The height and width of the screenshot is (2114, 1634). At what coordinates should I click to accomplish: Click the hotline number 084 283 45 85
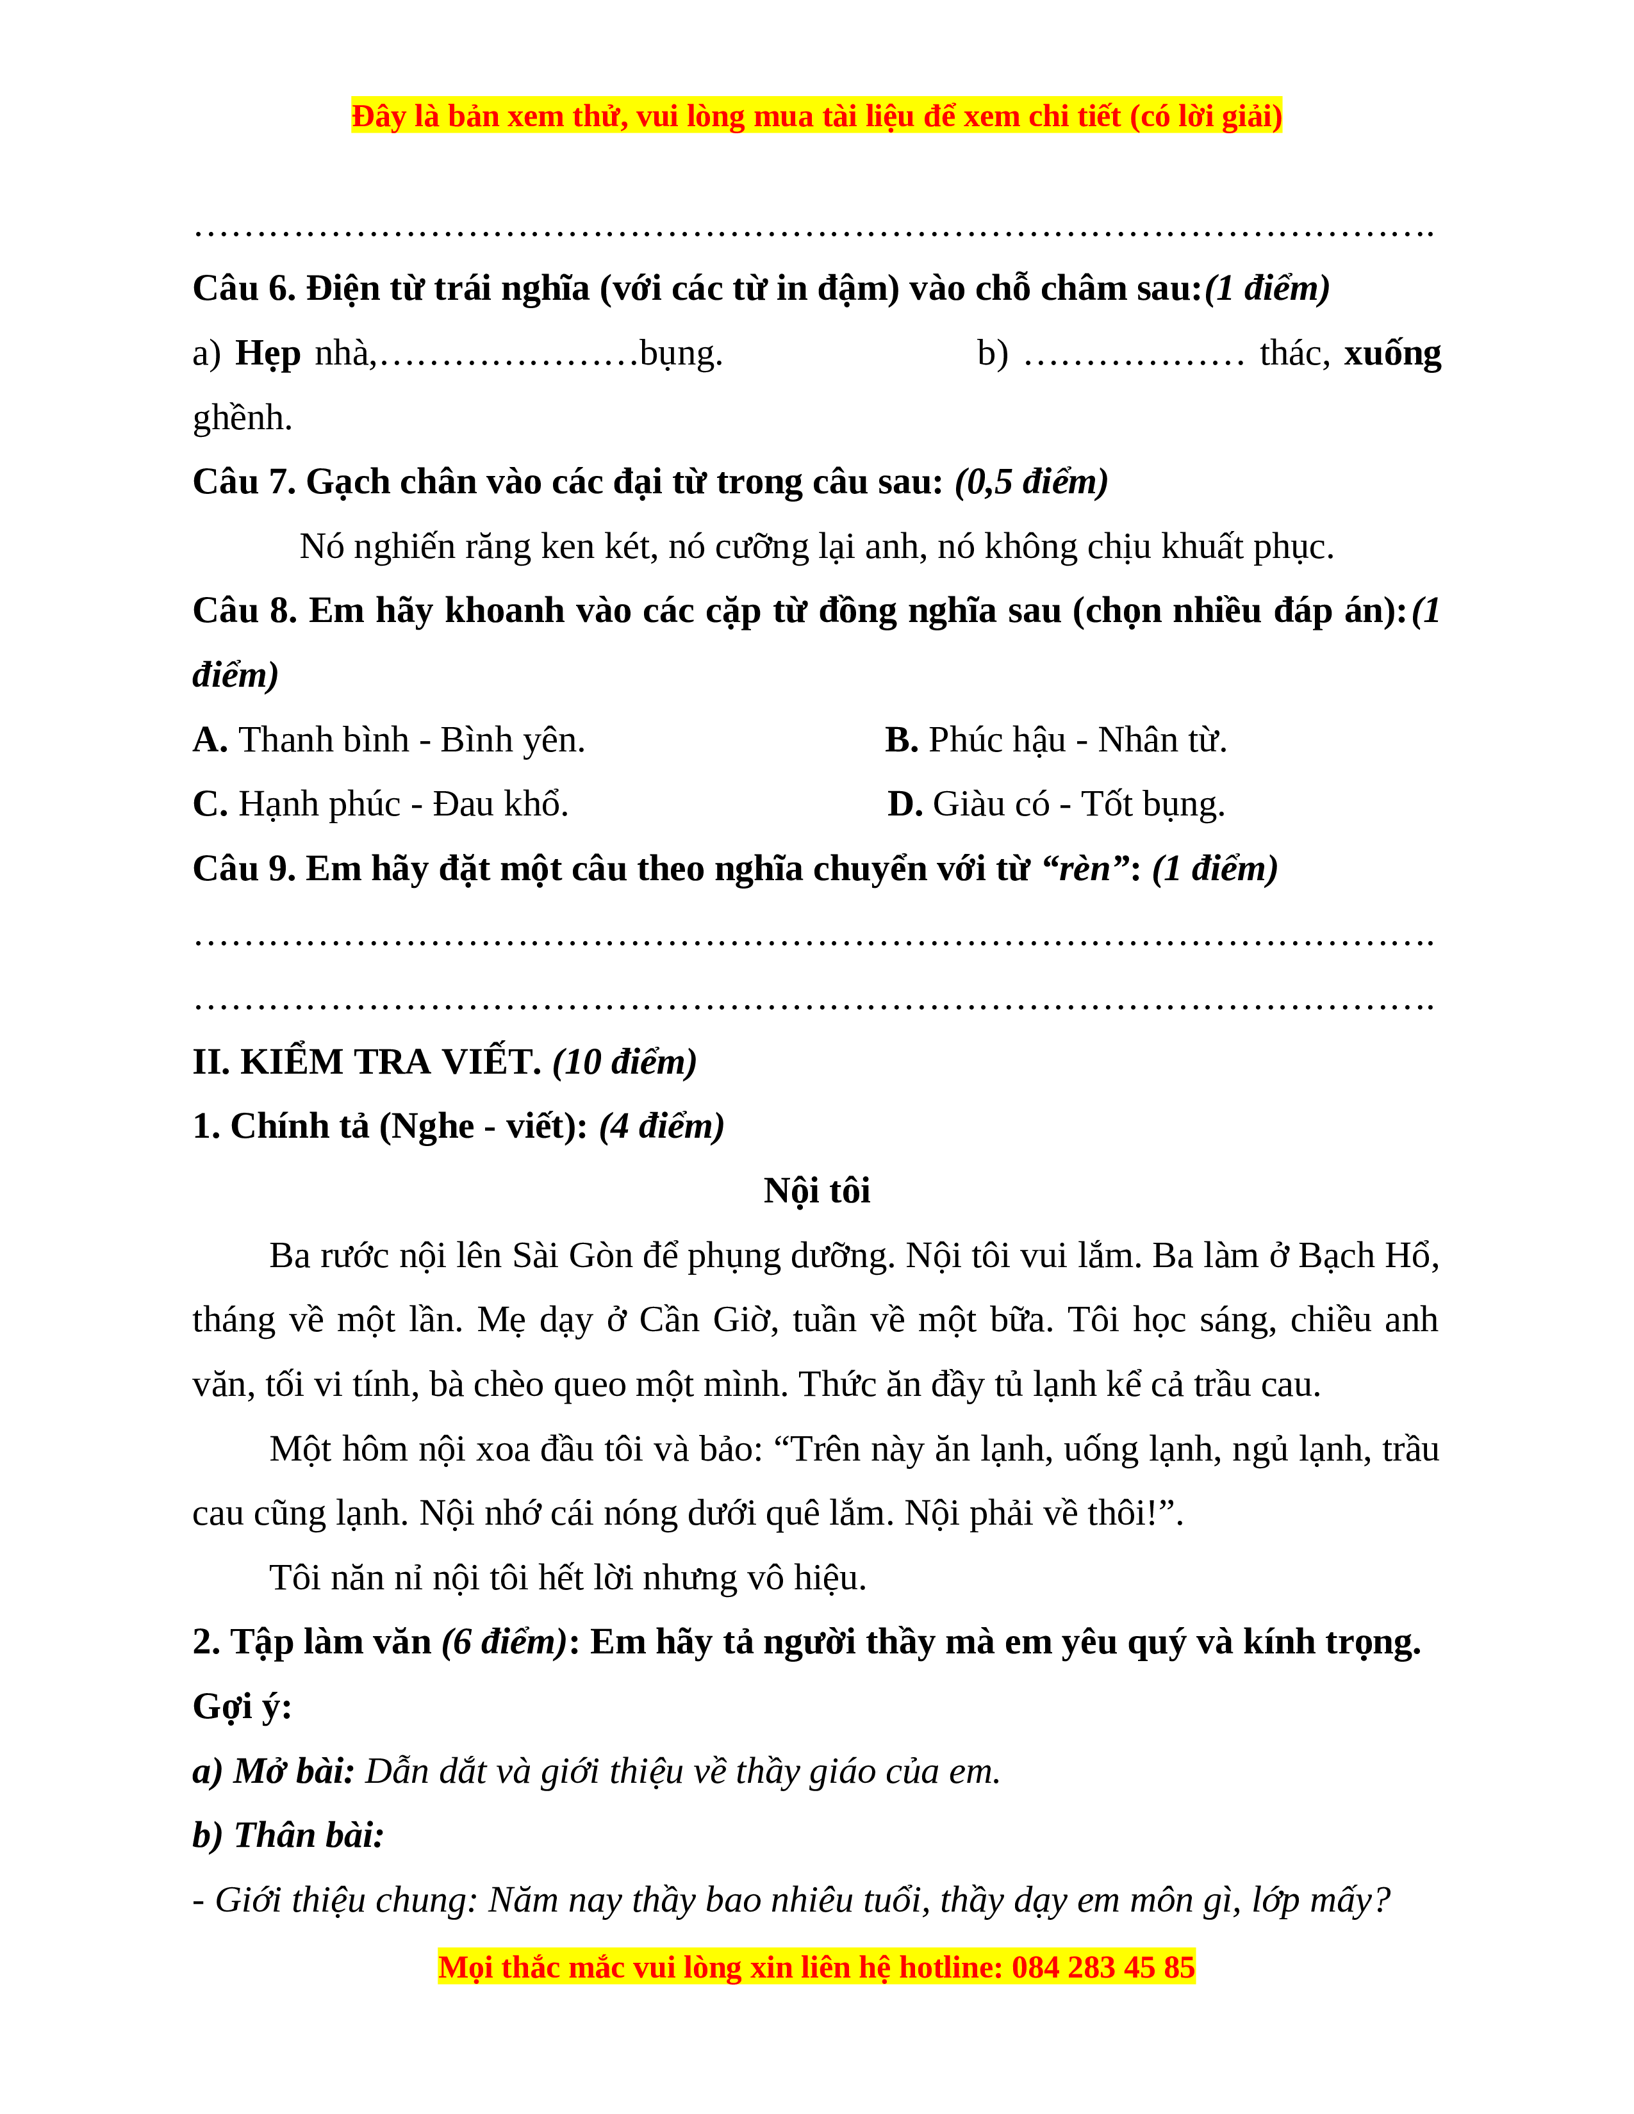click(1103, 1968)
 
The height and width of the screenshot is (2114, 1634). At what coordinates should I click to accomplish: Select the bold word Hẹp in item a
click(267, 354)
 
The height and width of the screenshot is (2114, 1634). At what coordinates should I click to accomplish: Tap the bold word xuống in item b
click(1392, 354)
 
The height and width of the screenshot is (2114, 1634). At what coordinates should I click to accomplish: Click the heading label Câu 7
click(244, 482)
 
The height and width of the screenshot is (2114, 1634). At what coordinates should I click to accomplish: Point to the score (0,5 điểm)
click(1031, 482)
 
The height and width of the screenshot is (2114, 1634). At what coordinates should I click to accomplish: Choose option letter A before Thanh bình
click(209, 741)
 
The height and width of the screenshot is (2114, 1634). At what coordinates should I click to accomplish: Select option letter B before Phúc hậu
click(900, 741)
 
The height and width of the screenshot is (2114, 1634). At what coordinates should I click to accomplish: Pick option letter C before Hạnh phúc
click(209, 805)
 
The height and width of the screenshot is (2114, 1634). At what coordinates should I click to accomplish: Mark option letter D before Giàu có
click(904, 805)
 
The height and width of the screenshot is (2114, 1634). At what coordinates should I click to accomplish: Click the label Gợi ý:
click(242, 1707)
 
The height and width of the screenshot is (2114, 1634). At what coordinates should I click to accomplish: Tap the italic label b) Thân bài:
click(288, 1836)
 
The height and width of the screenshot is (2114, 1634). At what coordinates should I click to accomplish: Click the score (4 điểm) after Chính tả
click(661, 1127)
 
